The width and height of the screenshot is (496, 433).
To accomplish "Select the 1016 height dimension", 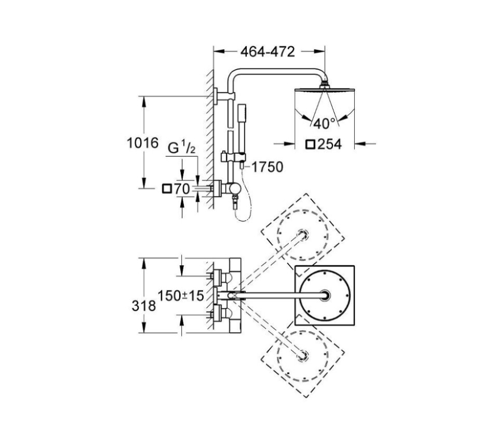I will click(x=143, y=143).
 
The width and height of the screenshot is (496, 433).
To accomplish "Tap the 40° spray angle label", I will click(x=325, y=124).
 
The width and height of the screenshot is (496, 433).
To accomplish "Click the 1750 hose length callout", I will click(x=267, y=167).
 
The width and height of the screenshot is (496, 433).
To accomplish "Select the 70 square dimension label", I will click(x=182, y=189).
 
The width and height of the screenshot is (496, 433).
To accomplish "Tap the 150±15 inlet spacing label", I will click(x=181, y=295).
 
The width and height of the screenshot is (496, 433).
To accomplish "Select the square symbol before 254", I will click(x=311, y=144).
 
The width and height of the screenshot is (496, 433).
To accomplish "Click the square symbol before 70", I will click(x=167, y=189).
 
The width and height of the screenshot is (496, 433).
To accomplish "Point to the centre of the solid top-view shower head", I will click(x=326, y=295).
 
